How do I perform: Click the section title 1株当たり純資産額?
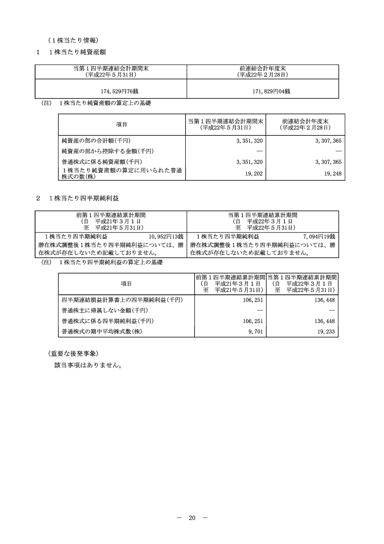click(77, 52)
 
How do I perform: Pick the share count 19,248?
click(332, 173)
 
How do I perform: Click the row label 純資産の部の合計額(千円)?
click(96, 140)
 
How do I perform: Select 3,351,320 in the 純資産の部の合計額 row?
click(249, 140)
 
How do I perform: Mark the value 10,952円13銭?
click(166, 236)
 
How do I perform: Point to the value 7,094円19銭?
click(319, 236)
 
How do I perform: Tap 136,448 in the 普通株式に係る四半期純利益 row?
click(326, 321)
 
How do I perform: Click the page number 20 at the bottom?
click(192, 518)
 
